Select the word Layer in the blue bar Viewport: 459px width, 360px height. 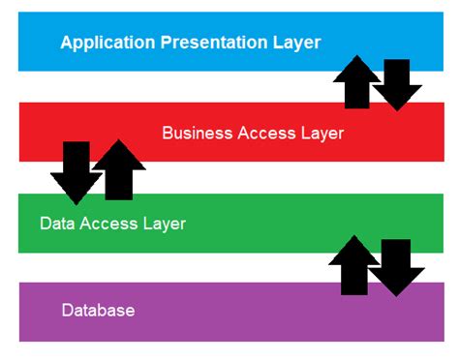(x=295, y=43)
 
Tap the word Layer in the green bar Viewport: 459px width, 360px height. (x=162, y=224)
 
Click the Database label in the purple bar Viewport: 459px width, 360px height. (x=98, y=311)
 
